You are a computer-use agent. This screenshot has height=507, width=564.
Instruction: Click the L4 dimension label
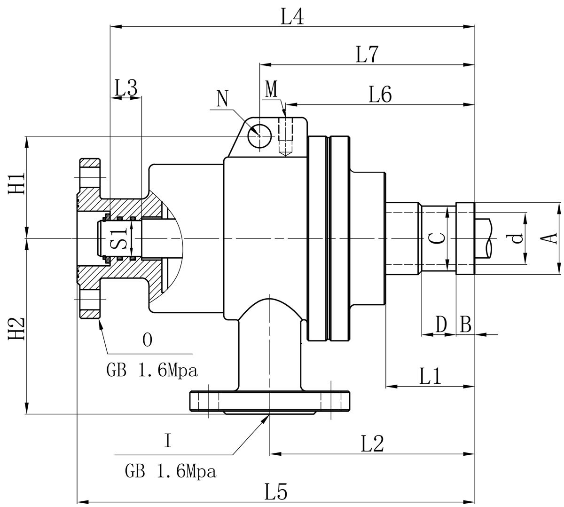[292, 17]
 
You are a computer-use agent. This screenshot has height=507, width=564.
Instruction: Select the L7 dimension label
[368, 55]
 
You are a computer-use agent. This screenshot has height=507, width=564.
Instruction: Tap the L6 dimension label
[380, 95]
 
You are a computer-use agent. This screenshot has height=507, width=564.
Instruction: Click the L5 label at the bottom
[276, 492]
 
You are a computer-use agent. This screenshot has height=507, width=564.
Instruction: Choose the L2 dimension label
[373, 444]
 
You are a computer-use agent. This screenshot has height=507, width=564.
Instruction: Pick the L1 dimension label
[431, 376]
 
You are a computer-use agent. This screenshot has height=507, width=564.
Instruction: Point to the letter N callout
[222, 99]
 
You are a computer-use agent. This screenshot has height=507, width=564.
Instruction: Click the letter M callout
[272, 89]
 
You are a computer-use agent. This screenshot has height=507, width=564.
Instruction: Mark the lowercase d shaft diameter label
[517, 238]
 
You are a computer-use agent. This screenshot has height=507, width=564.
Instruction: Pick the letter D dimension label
[441, 324]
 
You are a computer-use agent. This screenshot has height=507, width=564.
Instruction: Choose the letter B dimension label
[465, 324]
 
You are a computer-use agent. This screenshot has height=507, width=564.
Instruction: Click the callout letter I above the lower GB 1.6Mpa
[168, 441]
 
